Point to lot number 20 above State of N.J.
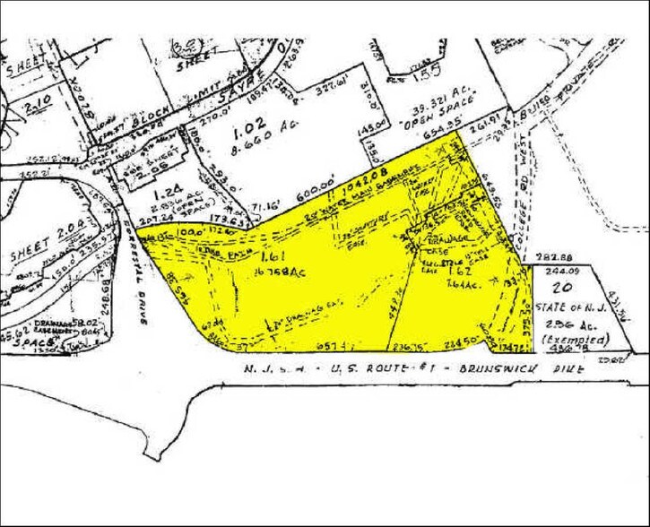click(x=563, y=287)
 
